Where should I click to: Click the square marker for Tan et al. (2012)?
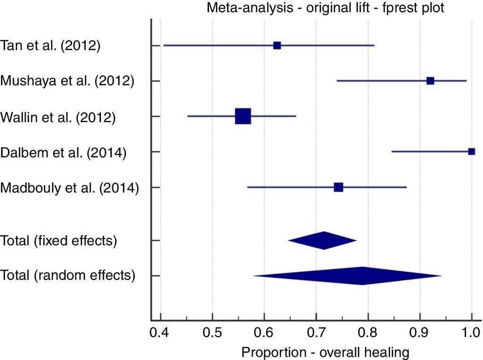(277, 45)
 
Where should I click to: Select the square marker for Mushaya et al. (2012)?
(430, 81)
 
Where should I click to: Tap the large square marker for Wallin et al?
(243, 116)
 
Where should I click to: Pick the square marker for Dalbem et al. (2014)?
(471, 152)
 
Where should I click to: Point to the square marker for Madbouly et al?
(338, 188)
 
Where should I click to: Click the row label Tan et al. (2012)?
(50, 46)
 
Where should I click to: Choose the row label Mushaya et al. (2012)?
(67, 81)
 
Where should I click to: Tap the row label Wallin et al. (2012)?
(58, 116)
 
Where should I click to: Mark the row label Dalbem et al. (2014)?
(63, 152)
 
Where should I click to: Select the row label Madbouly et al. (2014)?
(70, 188)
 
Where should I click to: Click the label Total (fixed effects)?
(59, 241)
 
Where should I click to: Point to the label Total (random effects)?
(68, 276)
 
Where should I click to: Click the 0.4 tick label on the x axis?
(161, 335)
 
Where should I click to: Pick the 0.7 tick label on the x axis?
(316, 335)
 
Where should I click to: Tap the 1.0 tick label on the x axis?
(472, 335)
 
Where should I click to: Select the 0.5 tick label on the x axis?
(213, 335)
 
